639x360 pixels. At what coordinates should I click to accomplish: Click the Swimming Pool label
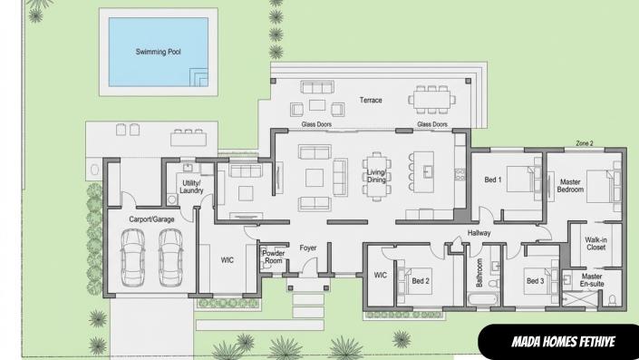coord(159,53)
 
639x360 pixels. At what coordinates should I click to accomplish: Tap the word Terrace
coord(371,100)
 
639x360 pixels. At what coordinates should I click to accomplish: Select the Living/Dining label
coord(376,176)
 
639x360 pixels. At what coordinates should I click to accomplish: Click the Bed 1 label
coord(493,180)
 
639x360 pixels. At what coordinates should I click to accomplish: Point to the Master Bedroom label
coord(570,185)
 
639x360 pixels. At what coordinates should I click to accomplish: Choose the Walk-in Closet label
coord(595,242)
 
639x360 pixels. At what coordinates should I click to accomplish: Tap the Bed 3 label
coord(535,281)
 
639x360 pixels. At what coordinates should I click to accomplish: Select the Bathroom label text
coord(480,272)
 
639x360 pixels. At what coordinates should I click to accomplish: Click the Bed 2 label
coord(421,281)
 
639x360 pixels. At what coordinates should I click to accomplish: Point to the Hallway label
coord(479,233)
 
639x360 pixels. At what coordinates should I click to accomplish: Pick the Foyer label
coord(308,247)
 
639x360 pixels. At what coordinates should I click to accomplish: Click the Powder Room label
coord(273,257)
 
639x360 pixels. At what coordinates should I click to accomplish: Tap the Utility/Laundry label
coord(191,187)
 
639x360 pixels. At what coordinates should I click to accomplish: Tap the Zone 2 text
coord(585,143)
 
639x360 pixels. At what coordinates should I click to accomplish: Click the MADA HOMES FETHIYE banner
coord(557,343)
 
